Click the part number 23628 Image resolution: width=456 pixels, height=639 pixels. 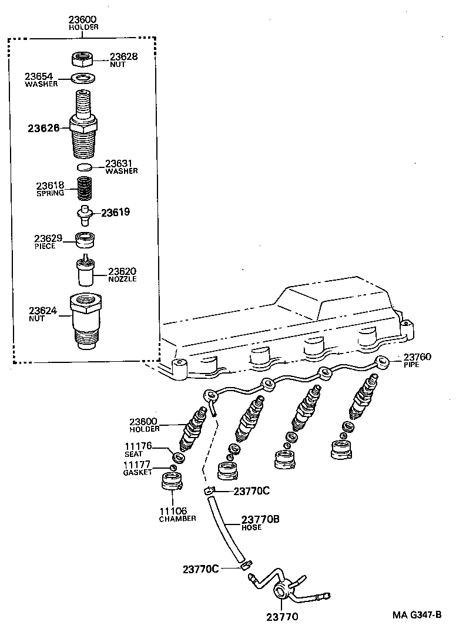point(123,56)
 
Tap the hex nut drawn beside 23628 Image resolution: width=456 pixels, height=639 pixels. point(83,59)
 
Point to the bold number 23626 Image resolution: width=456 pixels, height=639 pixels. point(43,127)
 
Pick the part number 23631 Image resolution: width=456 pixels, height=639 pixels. point(121,163)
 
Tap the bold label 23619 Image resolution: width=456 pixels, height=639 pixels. point(115,212)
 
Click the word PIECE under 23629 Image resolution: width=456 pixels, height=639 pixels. point(45,246)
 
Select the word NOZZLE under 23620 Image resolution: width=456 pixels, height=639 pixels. point(122,279)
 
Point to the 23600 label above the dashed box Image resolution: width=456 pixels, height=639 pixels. point(83,19)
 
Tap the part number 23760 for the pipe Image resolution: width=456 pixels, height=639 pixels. point(417,357)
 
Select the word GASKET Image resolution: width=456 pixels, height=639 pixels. point(138,472)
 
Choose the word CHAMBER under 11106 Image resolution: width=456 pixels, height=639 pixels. point(177,519)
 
